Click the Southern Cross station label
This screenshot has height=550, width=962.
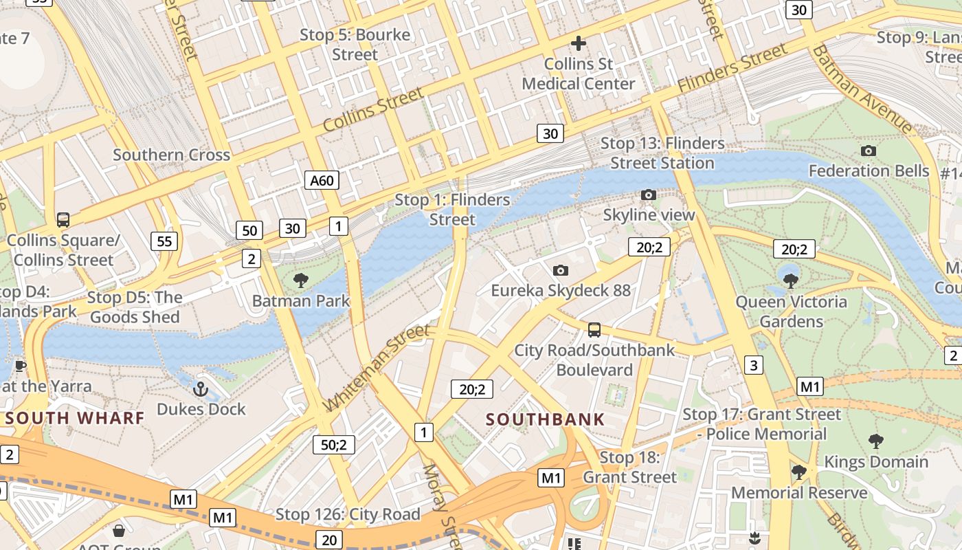click(171, 155)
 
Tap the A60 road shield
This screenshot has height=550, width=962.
click(322, 181)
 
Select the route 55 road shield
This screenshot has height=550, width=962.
click(164, 241)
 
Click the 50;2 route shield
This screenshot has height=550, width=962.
click(334, 445)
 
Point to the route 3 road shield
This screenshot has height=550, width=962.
click(754, 365)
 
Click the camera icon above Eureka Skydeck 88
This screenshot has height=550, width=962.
click(561, 270)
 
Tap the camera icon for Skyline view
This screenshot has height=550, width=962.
click(648, 195)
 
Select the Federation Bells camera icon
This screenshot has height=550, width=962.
click(869, 151)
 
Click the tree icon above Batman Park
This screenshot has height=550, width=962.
click(300, 280)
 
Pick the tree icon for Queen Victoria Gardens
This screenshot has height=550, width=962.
click(791, 280)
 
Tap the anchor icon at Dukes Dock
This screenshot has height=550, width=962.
click(201, 389)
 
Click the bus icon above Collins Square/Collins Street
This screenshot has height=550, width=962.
click(63, 220)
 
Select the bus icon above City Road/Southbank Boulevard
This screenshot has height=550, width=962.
click(594, 330)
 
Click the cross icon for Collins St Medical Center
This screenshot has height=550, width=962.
click(579, 43)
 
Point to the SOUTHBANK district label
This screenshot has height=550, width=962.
click(546, 419)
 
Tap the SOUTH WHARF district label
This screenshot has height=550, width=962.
click(75, 418)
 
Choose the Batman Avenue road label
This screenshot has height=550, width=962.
click(862, 89)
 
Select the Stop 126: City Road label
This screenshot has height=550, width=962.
click(348, 514)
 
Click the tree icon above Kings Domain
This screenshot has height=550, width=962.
click(875, 441)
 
